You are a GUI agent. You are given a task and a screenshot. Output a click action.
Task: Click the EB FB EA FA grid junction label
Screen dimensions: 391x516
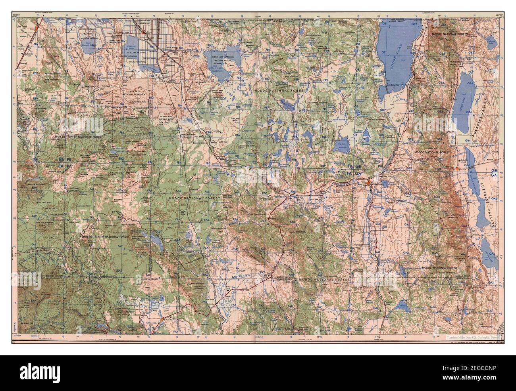point(65,162)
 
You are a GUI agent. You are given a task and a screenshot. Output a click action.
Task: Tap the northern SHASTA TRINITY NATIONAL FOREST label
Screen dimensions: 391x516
point(79,137)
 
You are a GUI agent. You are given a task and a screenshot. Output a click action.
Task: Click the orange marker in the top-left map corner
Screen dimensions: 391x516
point(36,29)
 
